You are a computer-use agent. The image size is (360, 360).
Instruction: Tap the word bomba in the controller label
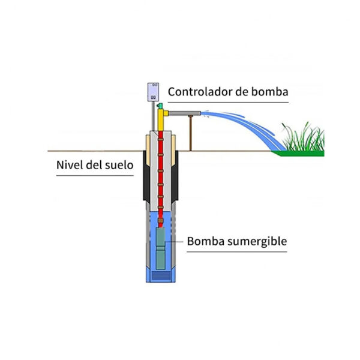(x=269, y=92)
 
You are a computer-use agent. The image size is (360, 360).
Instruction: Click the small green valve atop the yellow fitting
(x=160, y=105)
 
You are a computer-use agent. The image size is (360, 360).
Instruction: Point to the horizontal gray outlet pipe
(x=184, y=112)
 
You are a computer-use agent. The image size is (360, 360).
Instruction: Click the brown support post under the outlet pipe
(x=190, y=132)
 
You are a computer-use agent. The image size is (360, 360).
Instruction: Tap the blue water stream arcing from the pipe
(x=240, y=119)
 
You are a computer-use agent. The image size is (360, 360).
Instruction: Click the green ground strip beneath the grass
(x=300, y=153)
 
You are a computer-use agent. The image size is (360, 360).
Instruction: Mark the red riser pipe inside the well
(x=160, y=180)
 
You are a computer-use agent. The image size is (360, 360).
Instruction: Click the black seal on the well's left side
(x=146, y=180)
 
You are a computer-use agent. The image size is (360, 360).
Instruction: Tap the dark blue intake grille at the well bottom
(x=161, y=275)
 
